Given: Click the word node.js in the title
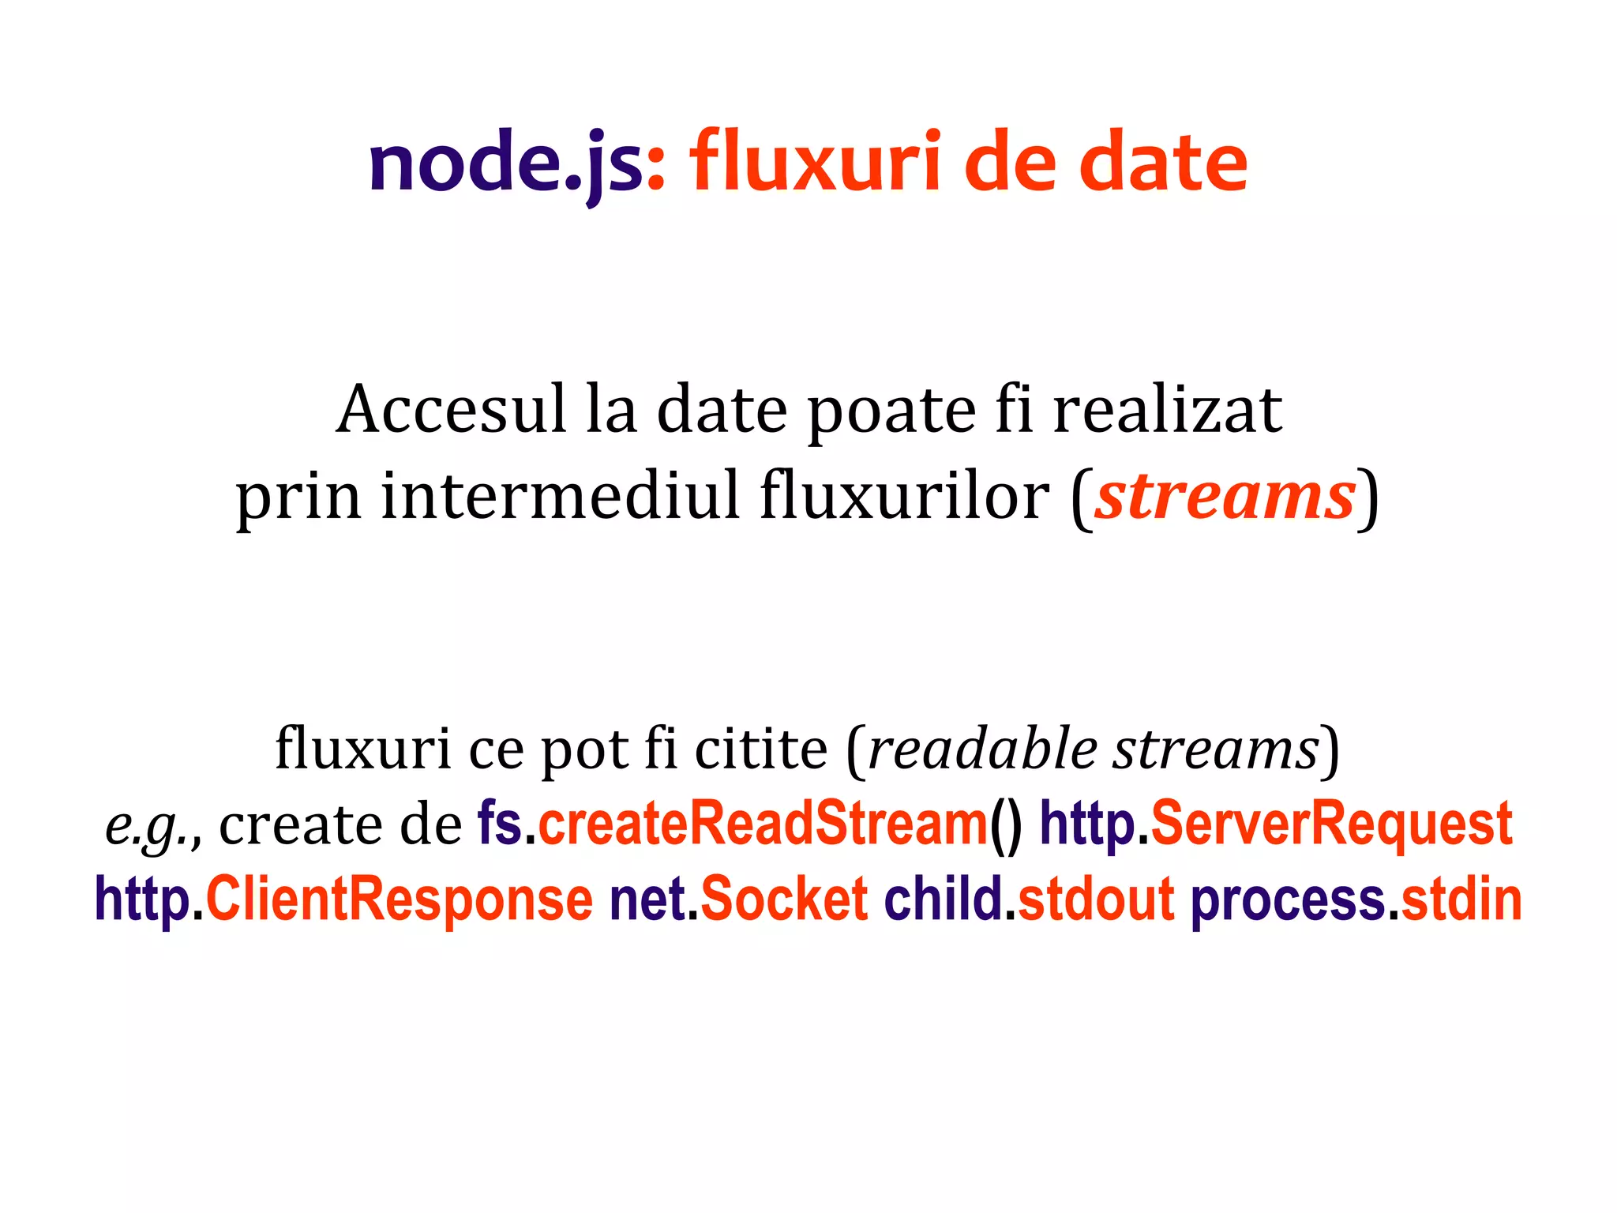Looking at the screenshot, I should pos(506,163).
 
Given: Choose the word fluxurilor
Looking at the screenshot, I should pos(905,496).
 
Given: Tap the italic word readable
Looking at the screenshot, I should pos(982,748).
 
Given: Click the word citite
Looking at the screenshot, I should pos(761,748).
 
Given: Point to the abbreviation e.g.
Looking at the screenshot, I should pos(151,826).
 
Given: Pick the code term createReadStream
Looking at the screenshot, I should pos(763,824).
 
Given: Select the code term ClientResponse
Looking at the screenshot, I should pos(399,899).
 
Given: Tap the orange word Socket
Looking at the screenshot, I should pos(784,899).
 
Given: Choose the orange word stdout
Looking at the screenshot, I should pos(1096,899).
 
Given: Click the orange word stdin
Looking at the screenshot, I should pos(1461,899).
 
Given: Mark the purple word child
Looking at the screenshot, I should pos(943,899).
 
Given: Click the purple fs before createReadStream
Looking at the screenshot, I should pos(499,824).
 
